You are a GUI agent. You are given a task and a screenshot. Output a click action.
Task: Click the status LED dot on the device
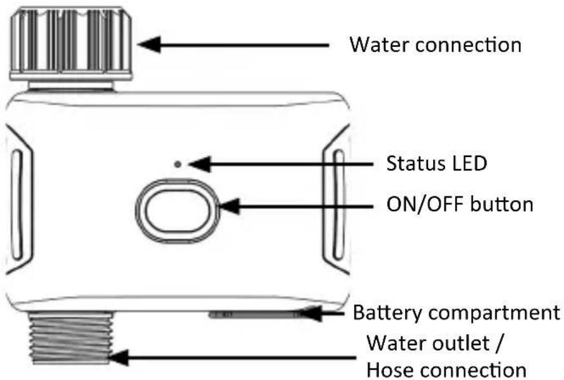(x=177, y=165)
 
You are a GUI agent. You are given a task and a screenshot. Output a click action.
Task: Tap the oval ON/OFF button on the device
(x=177, y=211)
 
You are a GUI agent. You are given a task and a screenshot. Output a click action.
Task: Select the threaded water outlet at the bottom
(x=71, y=338)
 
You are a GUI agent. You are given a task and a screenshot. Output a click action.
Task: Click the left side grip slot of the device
(x=17, y=205)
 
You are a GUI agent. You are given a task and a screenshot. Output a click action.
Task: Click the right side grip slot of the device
(x=338, y=205)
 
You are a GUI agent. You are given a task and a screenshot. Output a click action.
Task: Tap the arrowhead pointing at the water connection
(x=149, y=44)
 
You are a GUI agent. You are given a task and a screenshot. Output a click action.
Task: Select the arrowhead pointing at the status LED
(x=200, y=165)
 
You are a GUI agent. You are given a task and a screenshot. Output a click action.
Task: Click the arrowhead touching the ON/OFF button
(x=230, y=207)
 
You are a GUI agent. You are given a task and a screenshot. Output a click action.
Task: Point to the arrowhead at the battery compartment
(x=311, y=313)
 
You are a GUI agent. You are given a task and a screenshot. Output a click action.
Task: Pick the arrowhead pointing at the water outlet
(x=118, y=358)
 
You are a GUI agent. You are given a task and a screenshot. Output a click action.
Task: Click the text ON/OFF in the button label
(x=425, y=204)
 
